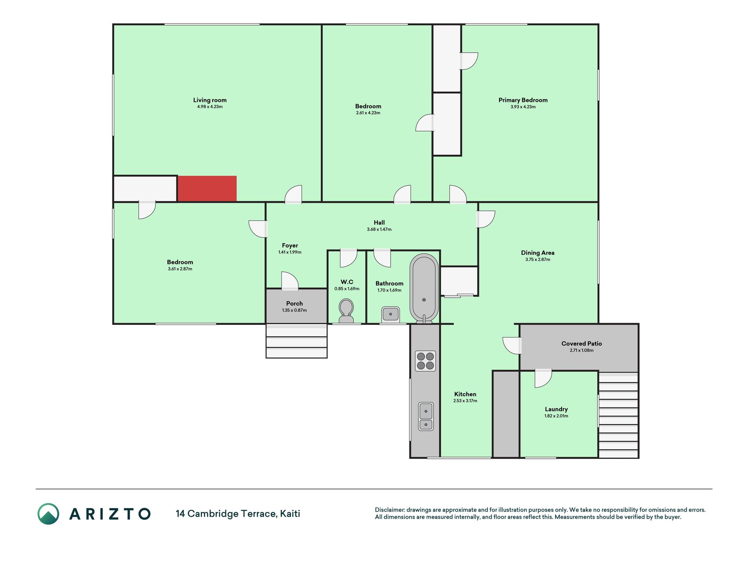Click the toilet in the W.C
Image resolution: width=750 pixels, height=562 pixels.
tap(346, 310)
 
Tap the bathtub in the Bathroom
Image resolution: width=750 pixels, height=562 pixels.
tap(424, 288)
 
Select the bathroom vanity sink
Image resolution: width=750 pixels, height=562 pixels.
tap(390, 314)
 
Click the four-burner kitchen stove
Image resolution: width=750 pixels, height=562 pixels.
tap(425, 361)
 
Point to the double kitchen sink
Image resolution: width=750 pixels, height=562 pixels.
tap(426, 416)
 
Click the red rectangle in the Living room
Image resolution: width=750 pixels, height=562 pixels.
tap(207, 189)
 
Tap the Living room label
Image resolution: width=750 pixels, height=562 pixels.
tap(210, 100)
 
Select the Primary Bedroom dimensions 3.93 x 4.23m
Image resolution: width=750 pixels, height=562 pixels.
tap(523, 107)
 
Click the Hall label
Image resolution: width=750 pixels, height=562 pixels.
tap(379, 223)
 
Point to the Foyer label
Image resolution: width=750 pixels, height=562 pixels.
tap(290, 245)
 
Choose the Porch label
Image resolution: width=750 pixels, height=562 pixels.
tap(294, 303)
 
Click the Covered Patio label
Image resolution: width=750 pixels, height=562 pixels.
tap(582, 343)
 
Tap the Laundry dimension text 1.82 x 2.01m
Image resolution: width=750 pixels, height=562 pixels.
tap(556, 416)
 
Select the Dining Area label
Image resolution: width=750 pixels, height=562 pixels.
tap(538, 252)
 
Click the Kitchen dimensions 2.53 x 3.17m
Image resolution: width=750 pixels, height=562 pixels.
tap(465, 401)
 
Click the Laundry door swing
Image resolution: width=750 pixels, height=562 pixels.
tap(543, 379)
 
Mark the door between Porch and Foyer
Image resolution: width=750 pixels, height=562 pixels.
tap(290, 281)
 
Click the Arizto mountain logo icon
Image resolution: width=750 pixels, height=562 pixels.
tap(48, 514)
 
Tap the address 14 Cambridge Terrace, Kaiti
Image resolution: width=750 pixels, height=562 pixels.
tap(238, 514)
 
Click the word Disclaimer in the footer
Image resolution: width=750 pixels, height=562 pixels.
tap(389, 510)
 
